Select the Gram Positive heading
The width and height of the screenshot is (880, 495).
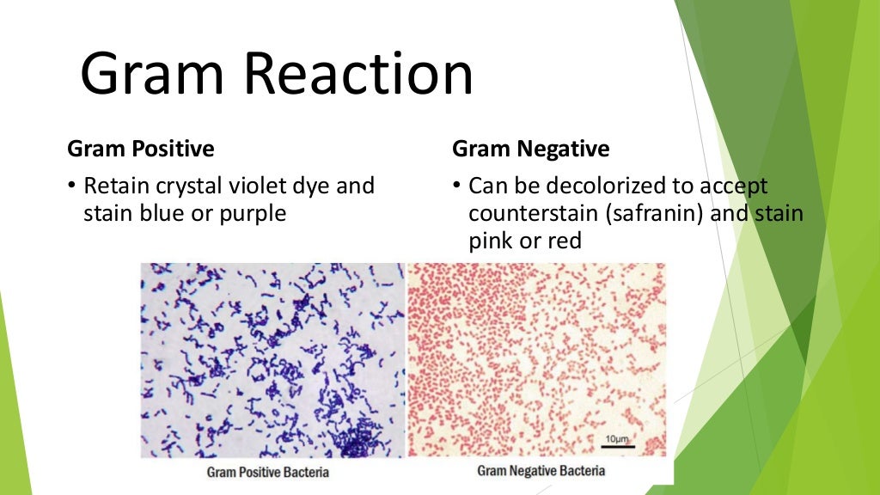[141, 149]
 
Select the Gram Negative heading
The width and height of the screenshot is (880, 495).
[530, 149]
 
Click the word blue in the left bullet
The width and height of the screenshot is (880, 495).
[163, 212]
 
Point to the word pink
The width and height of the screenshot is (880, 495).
[488, 241]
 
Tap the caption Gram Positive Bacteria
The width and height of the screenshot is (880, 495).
[267, 472]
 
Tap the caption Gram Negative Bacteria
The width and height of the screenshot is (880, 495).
[541, 470]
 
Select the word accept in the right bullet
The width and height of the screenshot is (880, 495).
[733, 186]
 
